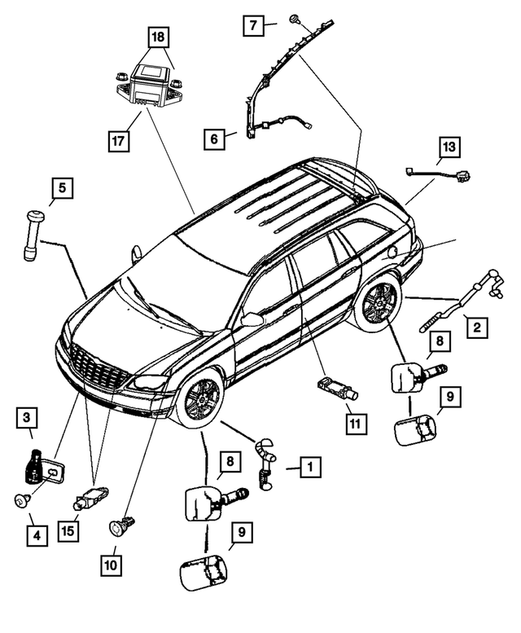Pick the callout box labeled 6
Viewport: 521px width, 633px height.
point(214,139)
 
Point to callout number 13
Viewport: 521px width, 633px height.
point(449,147)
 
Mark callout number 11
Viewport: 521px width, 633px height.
point(354,423)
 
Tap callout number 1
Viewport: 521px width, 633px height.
point(310,468)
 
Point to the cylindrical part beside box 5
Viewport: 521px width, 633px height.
point(33,234)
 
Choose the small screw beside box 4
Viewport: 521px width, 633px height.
point(23,500)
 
